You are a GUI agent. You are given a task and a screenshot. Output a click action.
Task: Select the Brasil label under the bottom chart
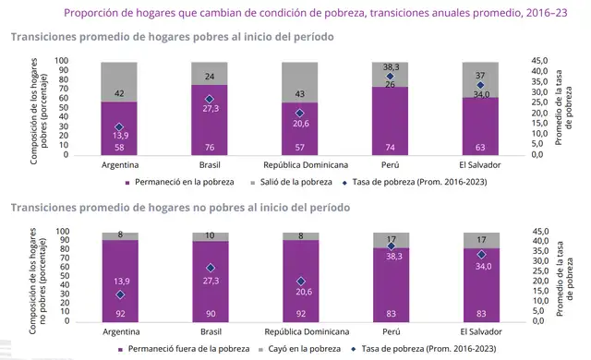pos(211,330)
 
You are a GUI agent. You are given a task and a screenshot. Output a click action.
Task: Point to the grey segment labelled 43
pos(300,82)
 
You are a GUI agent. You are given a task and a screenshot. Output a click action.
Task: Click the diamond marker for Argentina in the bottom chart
pos(120,295)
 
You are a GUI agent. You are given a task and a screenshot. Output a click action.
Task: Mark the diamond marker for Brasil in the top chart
pos(211,99)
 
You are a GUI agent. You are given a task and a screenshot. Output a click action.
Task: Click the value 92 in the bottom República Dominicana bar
pos(300,315)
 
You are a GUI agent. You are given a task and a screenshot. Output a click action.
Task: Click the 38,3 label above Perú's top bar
pos(390,67)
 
